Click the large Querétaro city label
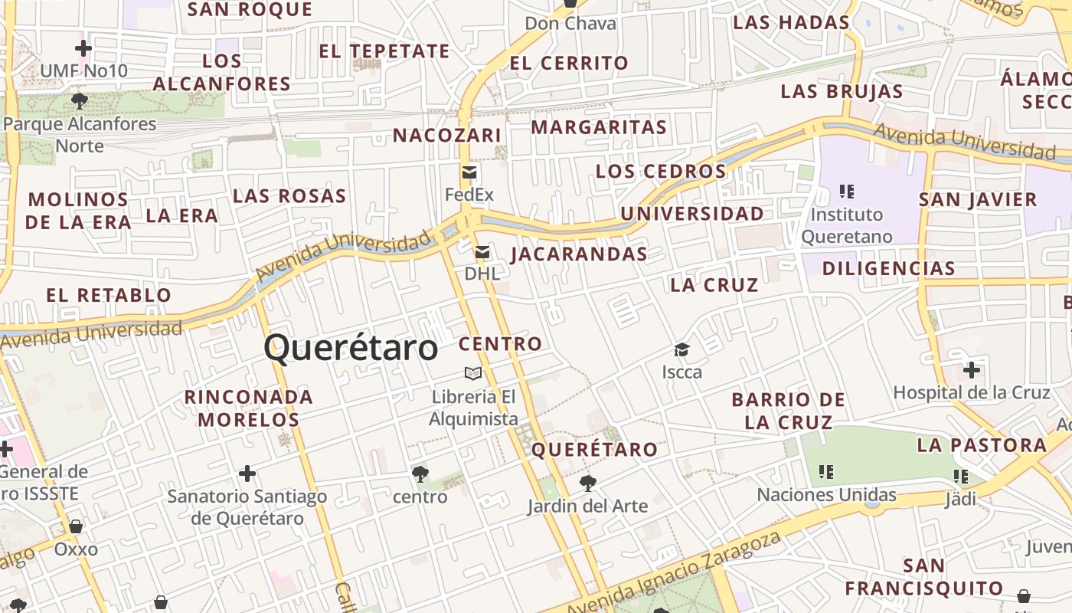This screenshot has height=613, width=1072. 351,349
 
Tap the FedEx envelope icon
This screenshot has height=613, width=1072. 469,172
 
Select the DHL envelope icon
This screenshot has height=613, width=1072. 482,251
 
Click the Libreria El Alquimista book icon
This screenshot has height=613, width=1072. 473,373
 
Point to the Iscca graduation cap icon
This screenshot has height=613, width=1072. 681,350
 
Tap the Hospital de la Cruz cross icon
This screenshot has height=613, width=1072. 971,371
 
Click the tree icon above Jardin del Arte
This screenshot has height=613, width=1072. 587,483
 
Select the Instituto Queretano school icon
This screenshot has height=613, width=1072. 846,191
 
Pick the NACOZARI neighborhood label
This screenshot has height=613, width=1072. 447,136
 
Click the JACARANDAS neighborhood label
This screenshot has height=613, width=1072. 579,254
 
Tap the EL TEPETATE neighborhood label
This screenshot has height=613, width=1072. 384,51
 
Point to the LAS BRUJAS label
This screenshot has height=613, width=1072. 842,92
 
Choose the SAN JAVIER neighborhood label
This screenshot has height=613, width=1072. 978,200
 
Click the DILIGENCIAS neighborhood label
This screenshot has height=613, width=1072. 888,268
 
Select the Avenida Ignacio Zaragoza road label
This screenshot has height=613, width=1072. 674,574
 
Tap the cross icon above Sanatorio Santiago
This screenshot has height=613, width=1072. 247,474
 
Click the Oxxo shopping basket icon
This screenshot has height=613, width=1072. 76,526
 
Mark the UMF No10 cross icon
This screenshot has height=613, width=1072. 83,49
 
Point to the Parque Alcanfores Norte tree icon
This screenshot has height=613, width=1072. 79,100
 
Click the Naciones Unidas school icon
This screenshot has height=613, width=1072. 825,471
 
